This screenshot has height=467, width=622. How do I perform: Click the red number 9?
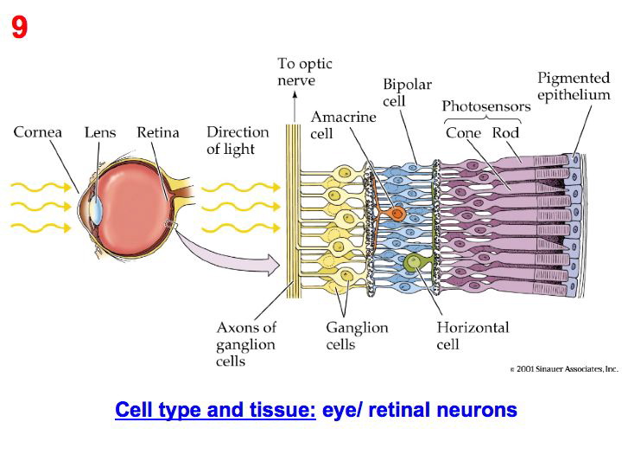pos(19,29)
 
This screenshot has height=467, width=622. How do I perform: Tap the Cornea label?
pos(38,132)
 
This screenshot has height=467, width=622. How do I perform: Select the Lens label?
pos(100,132)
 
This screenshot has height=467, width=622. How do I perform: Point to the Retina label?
pos(158,132)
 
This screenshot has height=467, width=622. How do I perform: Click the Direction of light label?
pos(238,140)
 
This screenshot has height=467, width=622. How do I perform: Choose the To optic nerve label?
pos(304,72)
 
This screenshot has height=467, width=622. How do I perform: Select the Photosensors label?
pos(486,106)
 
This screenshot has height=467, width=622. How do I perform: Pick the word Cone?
pos(463,133)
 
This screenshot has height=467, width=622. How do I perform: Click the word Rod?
pos(505,133)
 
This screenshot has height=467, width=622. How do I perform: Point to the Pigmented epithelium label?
pos(574,86)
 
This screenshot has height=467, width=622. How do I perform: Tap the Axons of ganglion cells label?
pos(246,343)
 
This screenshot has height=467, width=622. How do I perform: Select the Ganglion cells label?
pos(357,336)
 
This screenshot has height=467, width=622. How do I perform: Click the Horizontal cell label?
pos(473,336)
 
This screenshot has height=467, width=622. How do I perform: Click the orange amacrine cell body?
pos(397,213)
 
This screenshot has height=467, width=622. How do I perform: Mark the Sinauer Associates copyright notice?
pos(564,369)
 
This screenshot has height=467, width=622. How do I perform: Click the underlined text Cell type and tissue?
pos(215,410)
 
